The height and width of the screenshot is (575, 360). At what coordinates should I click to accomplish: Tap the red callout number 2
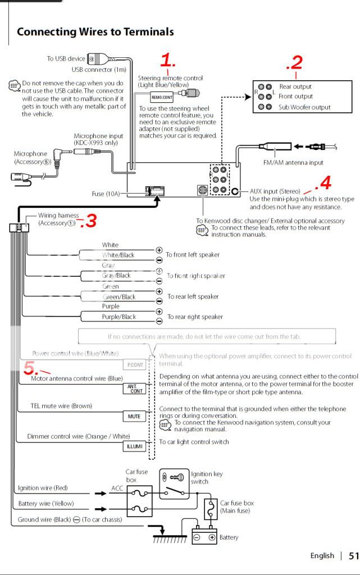pos(295,63)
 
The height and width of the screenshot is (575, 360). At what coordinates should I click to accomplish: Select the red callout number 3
pos(88,222)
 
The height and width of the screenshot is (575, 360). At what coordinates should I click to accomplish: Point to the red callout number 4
pos(323,182)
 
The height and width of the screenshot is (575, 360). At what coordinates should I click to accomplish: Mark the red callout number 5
pos(31,368)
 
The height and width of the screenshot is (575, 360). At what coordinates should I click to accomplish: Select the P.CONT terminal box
pos(135,364)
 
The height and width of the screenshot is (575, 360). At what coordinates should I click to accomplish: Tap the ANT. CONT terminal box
pos(134,389)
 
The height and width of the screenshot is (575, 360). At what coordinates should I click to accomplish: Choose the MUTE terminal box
pos(134,416)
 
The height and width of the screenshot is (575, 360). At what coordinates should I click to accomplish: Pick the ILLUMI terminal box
pos(134,446)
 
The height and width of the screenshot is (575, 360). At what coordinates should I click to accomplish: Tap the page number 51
pos(353,556)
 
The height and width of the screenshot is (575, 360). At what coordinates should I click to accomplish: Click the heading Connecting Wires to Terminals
pos(95,32)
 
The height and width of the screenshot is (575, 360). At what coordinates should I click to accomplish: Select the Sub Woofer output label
pos(304,107)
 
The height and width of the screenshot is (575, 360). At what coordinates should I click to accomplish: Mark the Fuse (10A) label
pos(106,194)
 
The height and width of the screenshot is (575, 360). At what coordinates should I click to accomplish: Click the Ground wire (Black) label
pos(44,519)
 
